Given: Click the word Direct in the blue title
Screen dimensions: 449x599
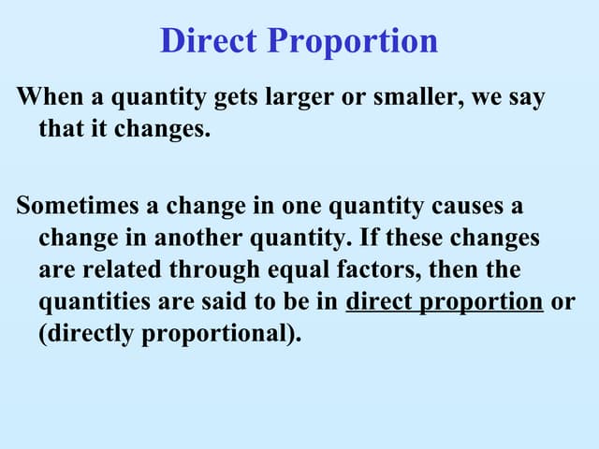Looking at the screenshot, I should pos(210,41).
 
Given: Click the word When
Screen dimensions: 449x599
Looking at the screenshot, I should pos(48,97).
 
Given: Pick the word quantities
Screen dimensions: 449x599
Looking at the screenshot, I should pos(90,303).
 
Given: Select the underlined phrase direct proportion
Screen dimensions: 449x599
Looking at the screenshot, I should pos(445,303).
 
